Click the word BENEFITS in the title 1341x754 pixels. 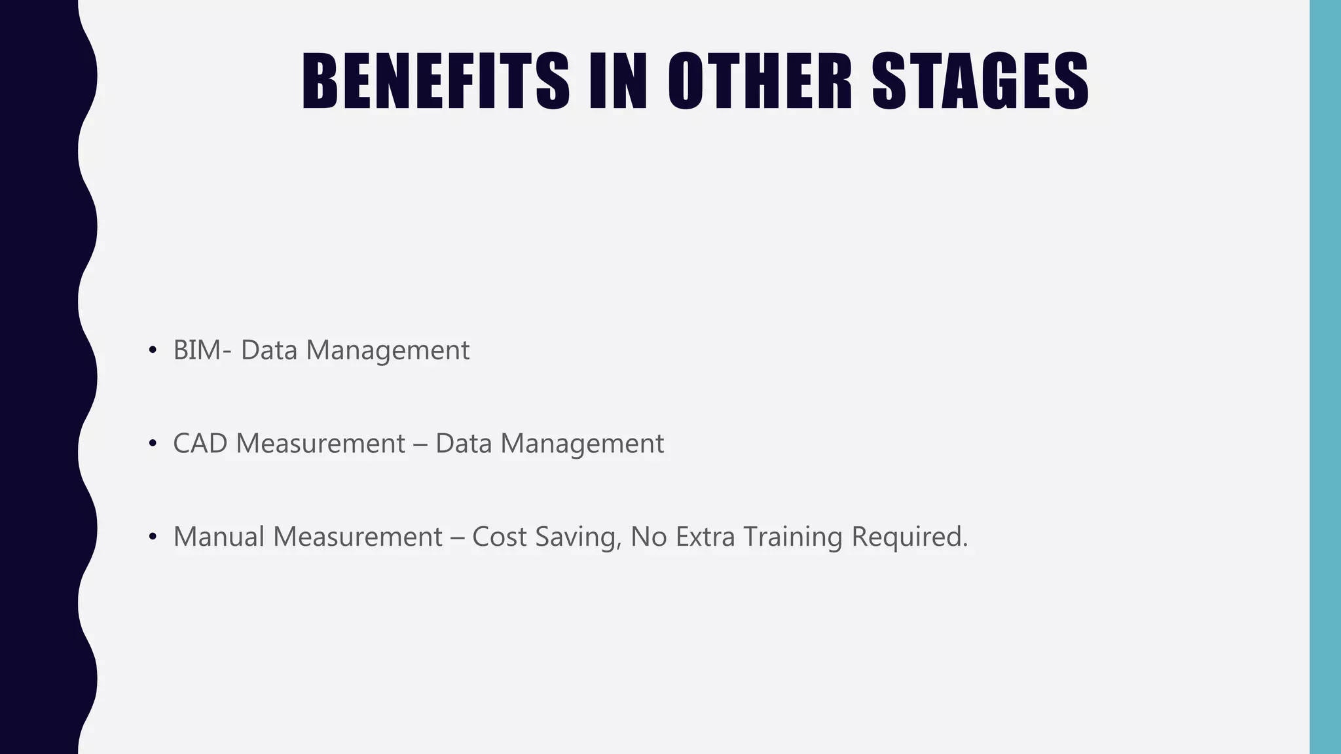(x=435, y=82)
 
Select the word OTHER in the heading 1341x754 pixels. (x=760, y=82)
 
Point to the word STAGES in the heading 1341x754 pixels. (x=980, y=82)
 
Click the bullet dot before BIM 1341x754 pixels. (x=153, y=351)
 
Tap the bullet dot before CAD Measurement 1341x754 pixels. (x=153, y=444)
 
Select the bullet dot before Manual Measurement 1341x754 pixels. (x=153, y=537)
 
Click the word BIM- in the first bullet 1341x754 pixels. (x=202, y=350)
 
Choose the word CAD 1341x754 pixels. (x=200, y=444)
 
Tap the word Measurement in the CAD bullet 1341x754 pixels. (x=321, y=444)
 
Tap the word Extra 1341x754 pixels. (x=705, y=537)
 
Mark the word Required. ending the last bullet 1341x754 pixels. (x=909, y=538)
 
